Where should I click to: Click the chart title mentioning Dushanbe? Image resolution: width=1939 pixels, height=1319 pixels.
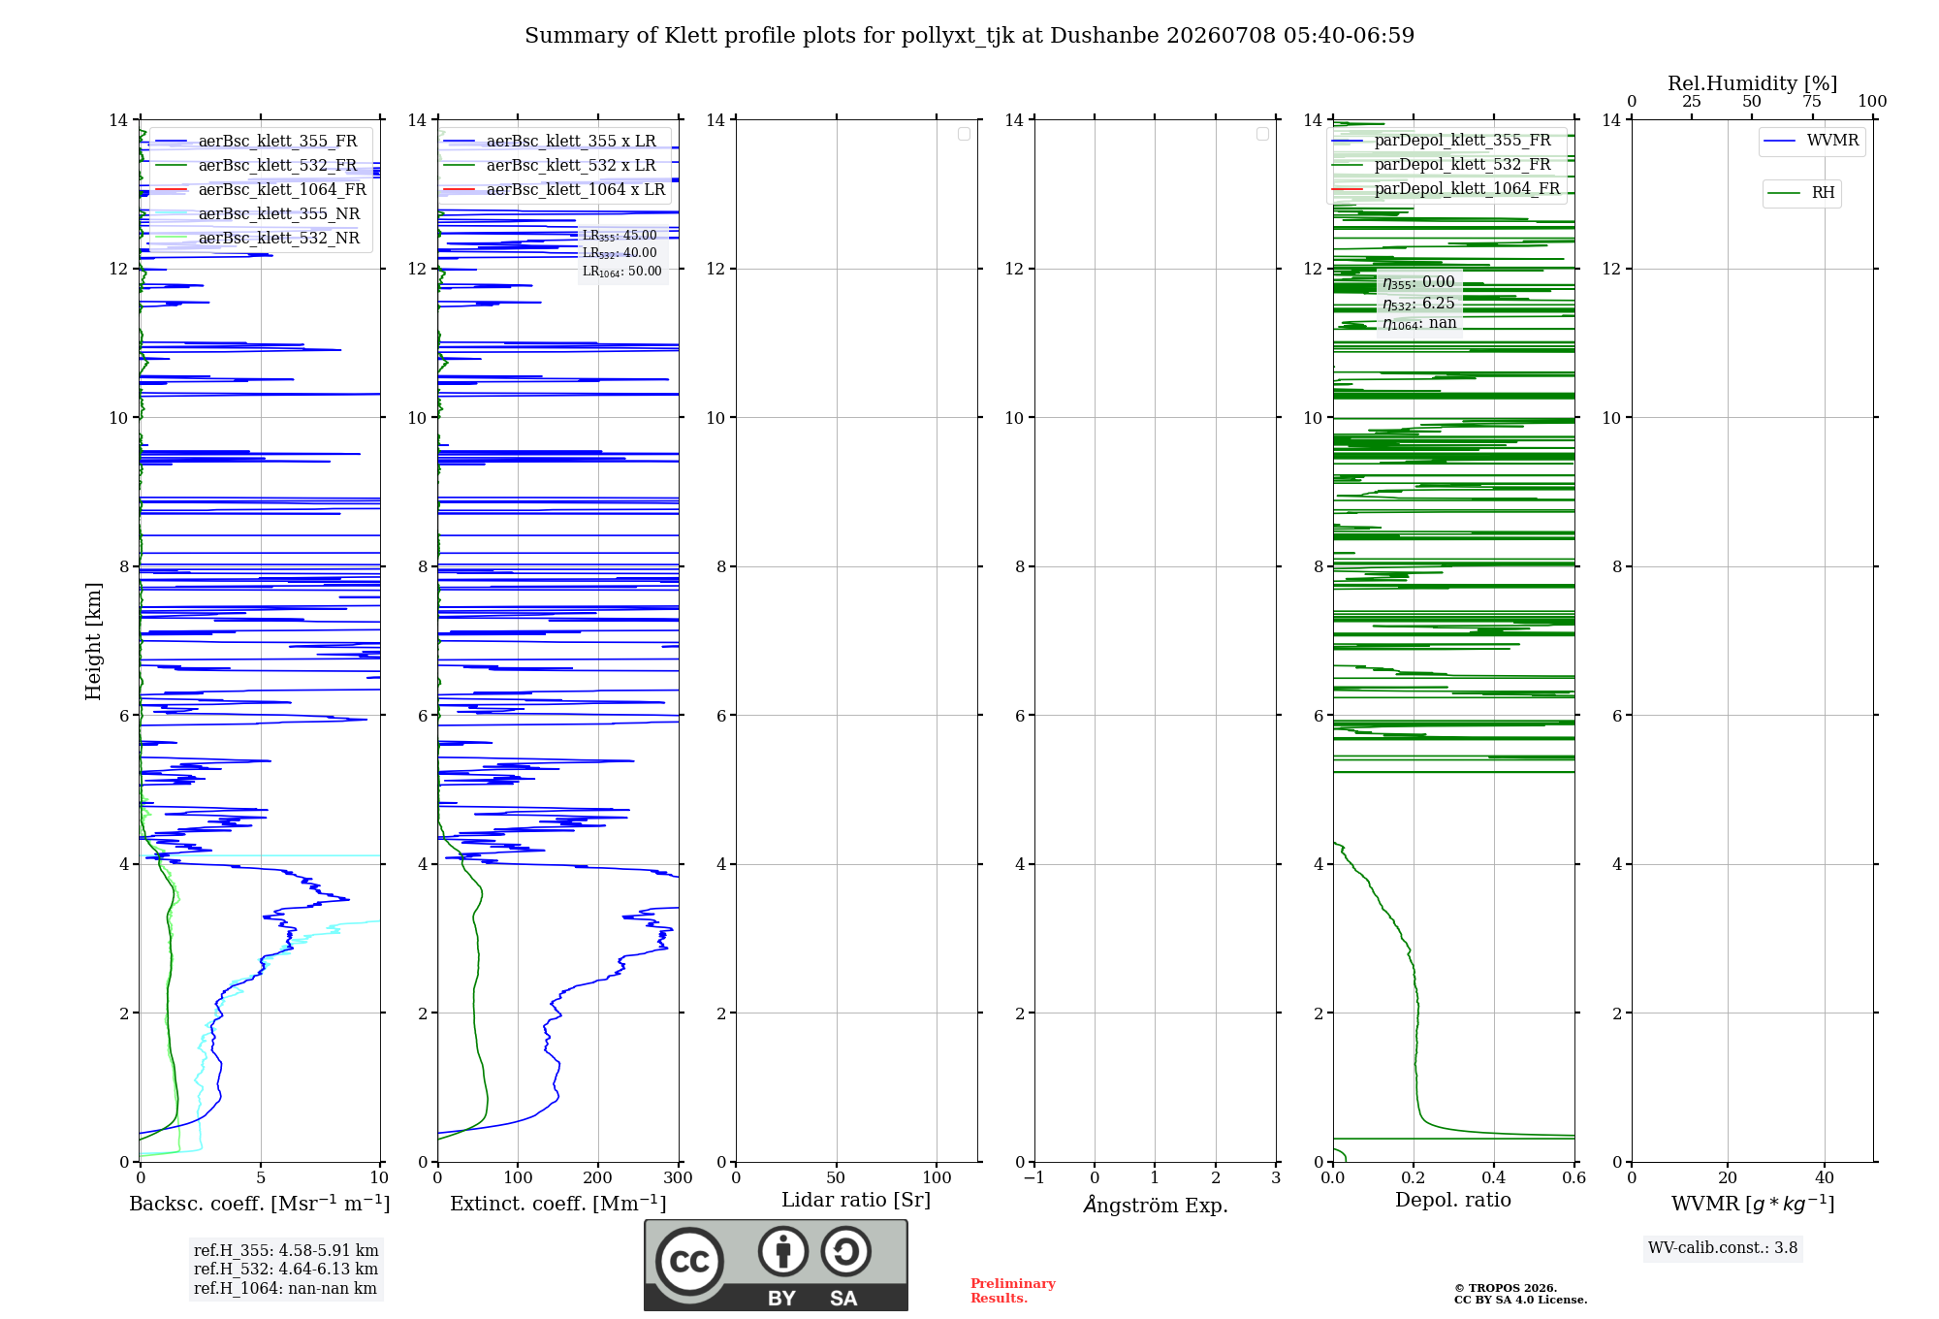(x=969, y=36)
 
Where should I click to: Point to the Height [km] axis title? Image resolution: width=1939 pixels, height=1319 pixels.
(x=93, y=640)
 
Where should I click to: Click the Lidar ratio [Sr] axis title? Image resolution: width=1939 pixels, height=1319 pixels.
(x=856, y=1200)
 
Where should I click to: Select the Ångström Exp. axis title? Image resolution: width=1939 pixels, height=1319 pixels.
(x=1156, y=1205)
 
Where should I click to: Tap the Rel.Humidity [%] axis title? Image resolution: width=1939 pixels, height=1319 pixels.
(x=1752, y=83)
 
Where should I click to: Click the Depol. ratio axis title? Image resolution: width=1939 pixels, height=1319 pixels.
(x=1453, y=1200)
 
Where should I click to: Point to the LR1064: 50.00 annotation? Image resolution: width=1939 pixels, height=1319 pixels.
(x=622, y=272)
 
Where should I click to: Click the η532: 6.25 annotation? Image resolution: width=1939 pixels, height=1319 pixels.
(x=1418, y=304)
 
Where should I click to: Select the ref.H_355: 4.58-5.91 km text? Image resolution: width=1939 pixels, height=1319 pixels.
(x=286, y=1250)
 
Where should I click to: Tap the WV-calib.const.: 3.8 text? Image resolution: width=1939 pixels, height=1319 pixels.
(x=1723, y=1248)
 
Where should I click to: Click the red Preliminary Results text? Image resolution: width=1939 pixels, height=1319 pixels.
(x=1013, y=1291)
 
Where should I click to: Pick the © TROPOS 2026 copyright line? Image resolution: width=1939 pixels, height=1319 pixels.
(x=1506, y=1288)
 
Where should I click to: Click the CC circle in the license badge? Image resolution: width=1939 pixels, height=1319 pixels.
(x=689, y=1262)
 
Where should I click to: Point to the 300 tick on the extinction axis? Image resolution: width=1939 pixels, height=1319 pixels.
(x=679, y=1177)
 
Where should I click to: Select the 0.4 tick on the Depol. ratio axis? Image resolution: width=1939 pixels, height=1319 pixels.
(x=1494, y=1177)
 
